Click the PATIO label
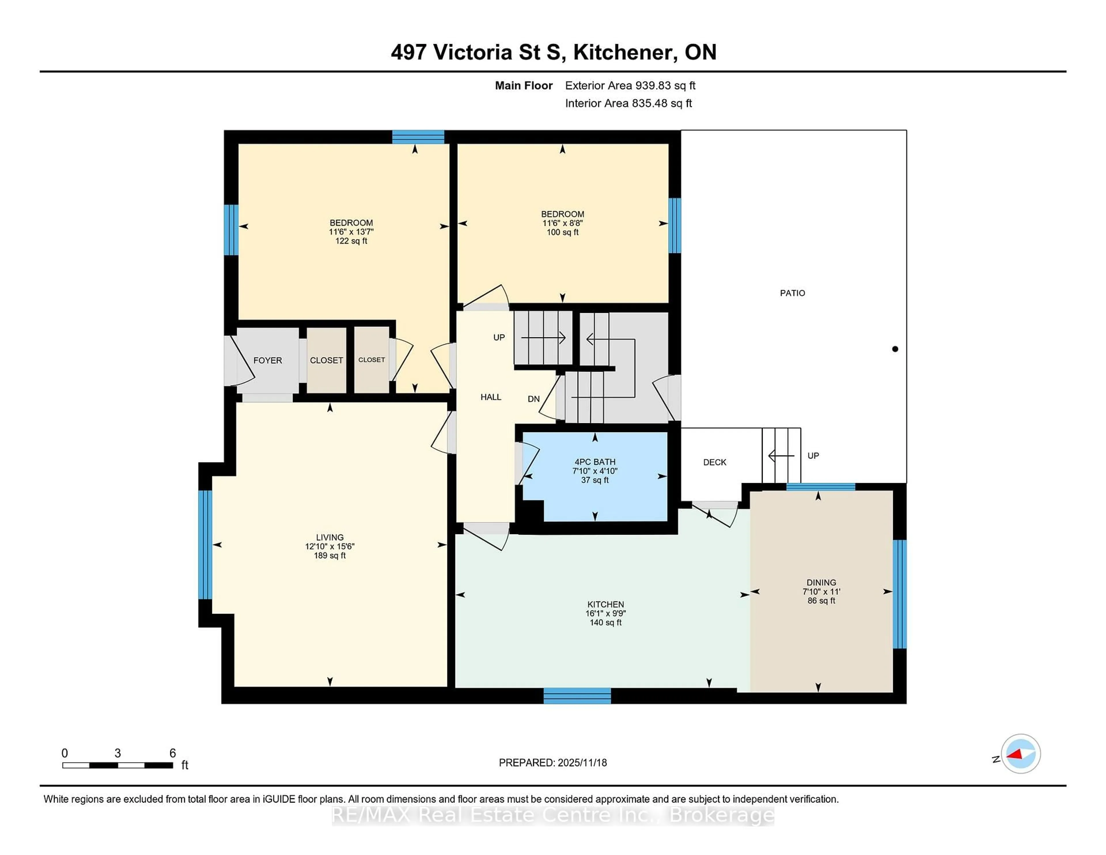(792, 293)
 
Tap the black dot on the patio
(895, 349)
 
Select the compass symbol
(1020, 754)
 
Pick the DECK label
(715, 462)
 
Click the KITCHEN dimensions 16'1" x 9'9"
(606, 613)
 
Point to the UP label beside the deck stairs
(813, 456)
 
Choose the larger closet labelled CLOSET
(326, 360)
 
